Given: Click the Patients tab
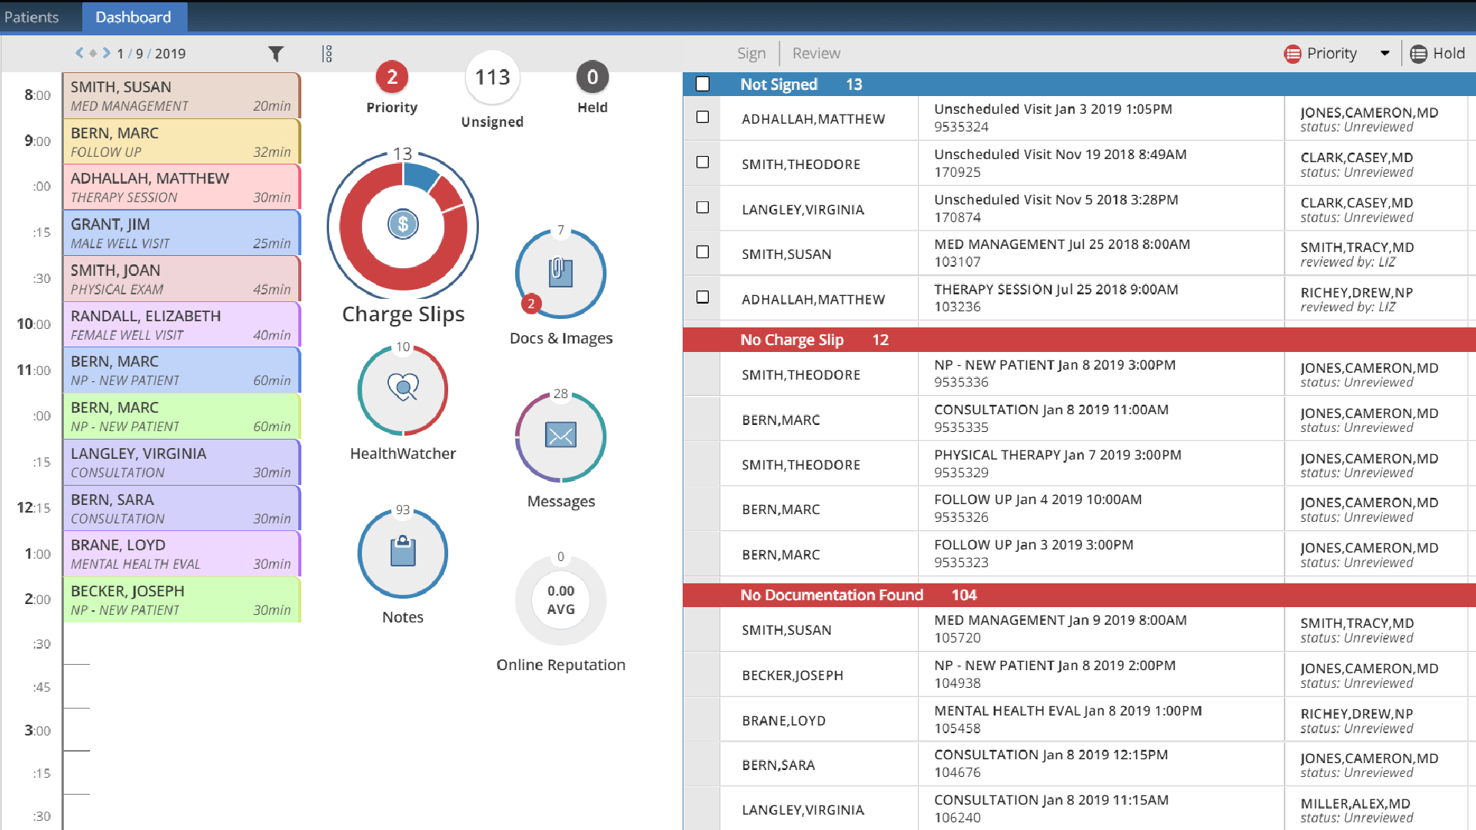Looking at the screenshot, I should point(32,17).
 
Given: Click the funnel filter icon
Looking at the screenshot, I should point(276,54).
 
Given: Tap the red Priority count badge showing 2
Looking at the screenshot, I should point(392,77).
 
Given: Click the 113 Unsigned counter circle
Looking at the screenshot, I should point(492,77).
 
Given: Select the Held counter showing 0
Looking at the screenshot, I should point(592,77).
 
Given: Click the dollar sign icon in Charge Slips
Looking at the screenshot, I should point(403,224).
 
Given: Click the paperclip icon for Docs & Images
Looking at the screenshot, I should point(560,272).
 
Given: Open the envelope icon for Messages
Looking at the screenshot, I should point(560,436).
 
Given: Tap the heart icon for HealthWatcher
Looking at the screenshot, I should point(403,387).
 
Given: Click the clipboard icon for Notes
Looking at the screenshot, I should point(403,552).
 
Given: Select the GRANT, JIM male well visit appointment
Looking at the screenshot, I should point(181,233).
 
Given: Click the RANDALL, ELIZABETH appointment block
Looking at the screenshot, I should point(181,324).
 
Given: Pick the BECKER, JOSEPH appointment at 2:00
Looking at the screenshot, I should point(181,599).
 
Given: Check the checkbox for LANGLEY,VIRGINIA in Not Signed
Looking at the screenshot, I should point(703,207).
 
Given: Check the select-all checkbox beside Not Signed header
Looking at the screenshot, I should point(703,84).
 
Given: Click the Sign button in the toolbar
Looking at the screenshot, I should point(751,53).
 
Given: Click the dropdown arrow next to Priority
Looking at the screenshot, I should point(1385,53).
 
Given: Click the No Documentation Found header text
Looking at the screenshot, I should point(831,595).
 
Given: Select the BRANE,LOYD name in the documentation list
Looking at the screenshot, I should point(783,720).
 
